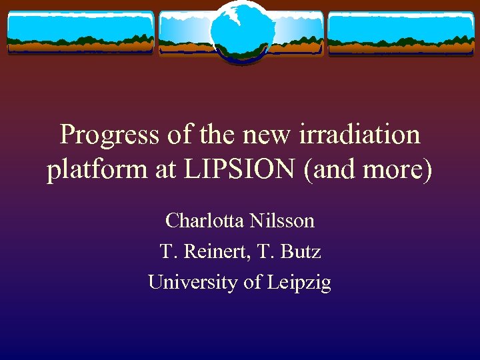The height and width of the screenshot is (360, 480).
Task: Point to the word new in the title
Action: (261, 135)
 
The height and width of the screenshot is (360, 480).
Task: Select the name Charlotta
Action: (205, 220)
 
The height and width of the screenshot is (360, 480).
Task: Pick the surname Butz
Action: (301, 251)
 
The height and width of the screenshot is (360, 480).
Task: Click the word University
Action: (193, 283)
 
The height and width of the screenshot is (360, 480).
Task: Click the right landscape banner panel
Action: (400, 33)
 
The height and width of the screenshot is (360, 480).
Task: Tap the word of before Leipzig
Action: (253, 283)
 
